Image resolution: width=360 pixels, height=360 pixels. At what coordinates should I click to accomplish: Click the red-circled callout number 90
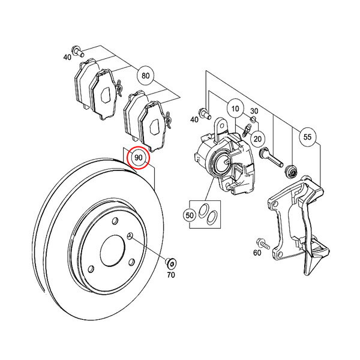pos(139,158)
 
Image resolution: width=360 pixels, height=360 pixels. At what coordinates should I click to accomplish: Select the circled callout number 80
pos(146,76)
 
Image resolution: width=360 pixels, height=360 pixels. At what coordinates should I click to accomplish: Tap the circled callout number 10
pos(235,109)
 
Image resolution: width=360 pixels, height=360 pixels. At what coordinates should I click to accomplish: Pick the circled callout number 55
pos(307,137)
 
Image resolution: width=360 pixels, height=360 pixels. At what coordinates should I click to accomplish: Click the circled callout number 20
pos(257,139)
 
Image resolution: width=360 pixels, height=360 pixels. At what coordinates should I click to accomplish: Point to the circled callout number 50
pos(190,215)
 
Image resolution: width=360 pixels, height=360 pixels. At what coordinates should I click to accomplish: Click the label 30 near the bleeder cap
pos(254,111)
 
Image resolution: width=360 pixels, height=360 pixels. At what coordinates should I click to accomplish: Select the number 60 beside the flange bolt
pos(257,253)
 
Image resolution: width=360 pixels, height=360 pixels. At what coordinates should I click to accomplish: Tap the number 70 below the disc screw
pos(171,275)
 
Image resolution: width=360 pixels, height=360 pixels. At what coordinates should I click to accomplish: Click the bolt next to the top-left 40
pos(77,51)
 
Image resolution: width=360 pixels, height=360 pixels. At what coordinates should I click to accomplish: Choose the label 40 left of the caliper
pos(194,119)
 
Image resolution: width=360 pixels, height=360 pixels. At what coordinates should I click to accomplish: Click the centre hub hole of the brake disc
pos(113,251)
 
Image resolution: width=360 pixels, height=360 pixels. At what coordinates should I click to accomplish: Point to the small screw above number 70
pos(171,263)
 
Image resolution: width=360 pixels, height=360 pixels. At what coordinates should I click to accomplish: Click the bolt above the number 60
pos(262,244)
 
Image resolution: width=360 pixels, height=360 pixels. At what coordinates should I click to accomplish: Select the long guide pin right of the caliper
pos(271,157)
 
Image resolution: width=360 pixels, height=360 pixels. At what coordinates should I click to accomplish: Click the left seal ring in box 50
pos(203,211)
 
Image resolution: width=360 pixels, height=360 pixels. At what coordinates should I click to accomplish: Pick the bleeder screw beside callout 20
pos(247,130)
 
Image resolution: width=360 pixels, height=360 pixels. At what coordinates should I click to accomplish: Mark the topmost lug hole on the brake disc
pos(115,221)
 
